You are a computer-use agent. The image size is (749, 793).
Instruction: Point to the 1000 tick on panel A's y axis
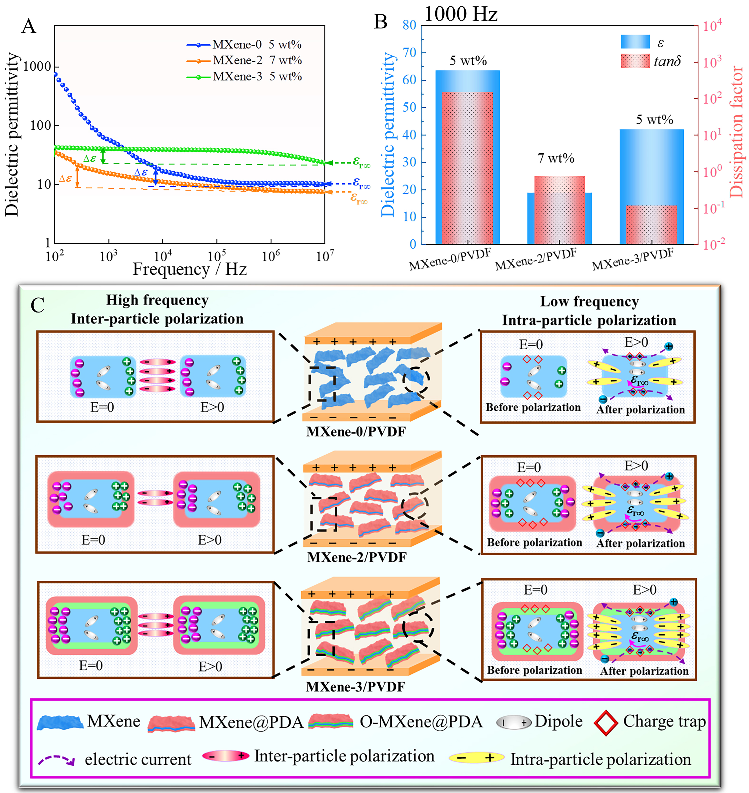(x=37, y=67)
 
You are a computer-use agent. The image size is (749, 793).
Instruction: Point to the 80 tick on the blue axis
(x=409, y=25)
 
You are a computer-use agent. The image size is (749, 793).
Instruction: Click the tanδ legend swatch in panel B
(x=635, y=61)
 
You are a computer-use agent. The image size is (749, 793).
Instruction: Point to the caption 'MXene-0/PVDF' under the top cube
(x=356, y=432)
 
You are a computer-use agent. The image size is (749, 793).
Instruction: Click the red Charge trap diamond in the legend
(x=606, y=723)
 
